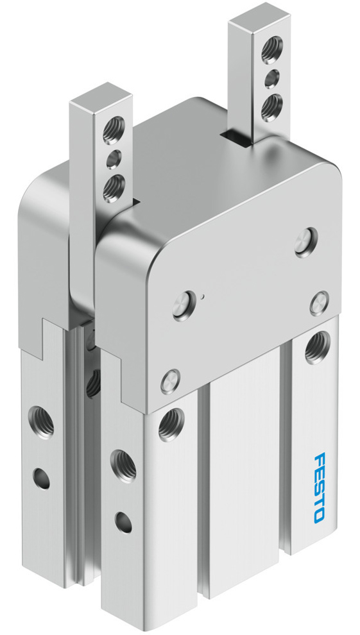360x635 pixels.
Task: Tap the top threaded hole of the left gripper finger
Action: [x=116, y=123]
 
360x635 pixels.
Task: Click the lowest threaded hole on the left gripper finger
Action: [x=114, y=187]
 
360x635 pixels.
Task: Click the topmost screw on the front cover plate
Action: [x=304, y=242]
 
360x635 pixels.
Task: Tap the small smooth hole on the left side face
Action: [x=42, y=478]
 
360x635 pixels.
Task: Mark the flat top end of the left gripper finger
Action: [x=101, y=96]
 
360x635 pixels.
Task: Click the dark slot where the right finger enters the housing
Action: [x=235, y=137]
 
